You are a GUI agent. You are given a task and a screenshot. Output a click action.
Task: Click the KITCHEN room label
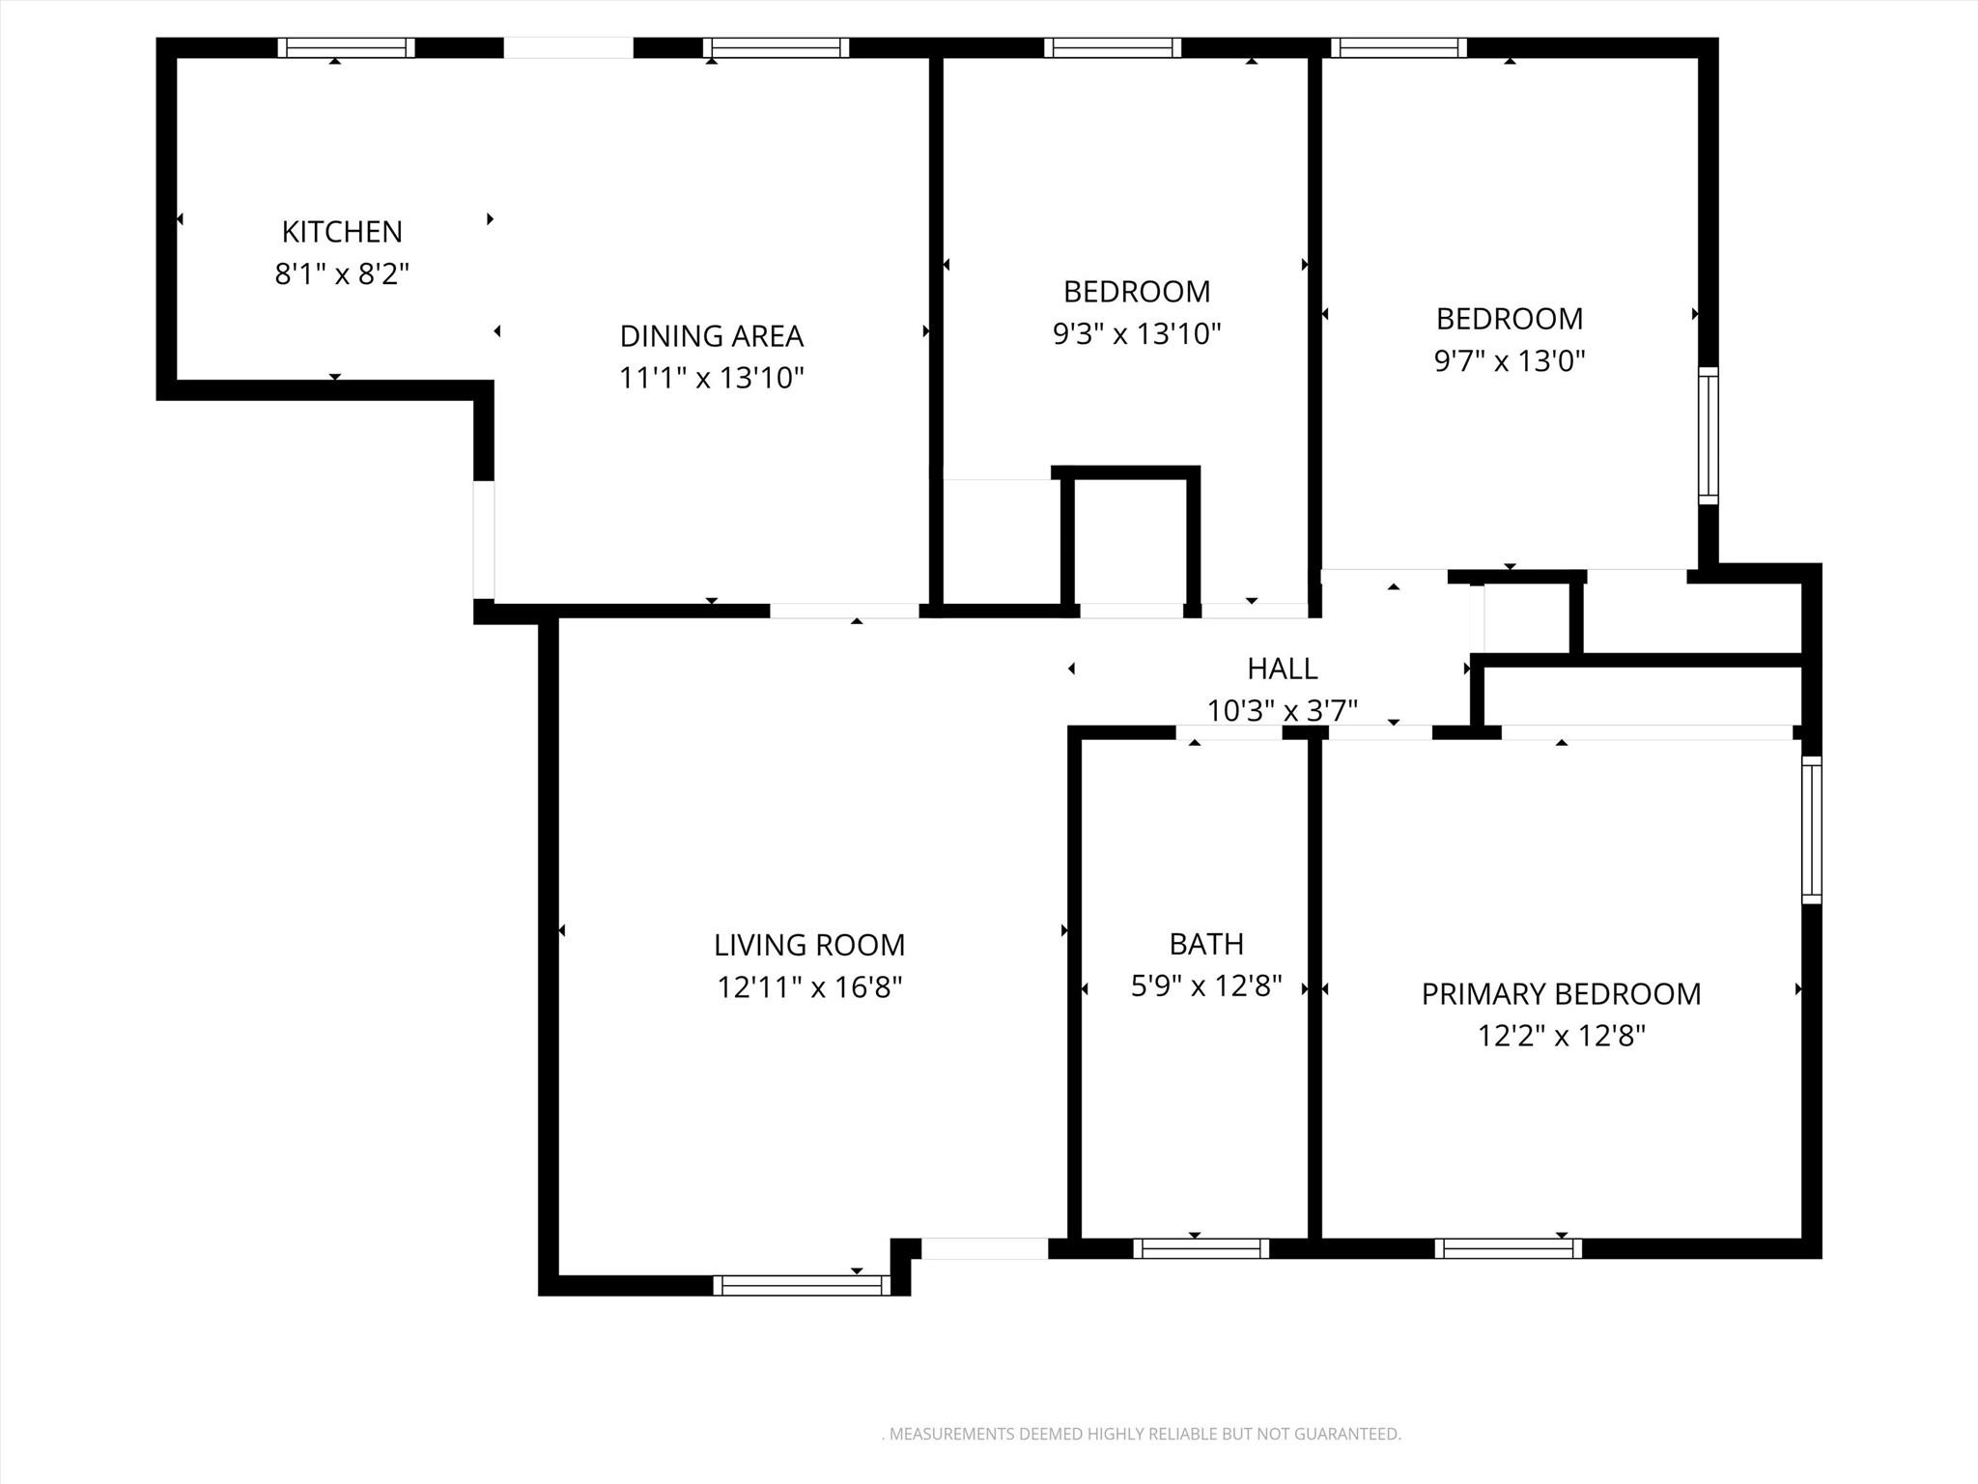coord(342,232)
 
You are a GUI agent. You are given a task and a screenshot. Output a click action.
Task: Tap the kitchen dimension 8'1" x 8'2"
coord(342,274)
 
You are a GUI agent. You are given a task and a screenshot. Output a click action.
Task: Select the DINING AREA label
coord(711,336)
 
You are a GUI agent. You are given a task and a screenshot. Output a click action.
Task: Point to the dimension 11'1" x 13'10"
coord(711,378)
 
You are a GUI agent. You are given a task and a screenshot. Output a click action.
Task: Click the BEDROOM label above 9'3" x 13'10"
coord(1136,292)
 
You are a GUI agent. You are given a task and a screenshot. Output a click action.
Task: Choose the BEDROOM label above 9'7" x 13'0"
coord(1509,319)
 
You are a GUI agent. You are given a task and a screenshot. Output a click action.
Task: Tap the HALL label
coord(1282,669)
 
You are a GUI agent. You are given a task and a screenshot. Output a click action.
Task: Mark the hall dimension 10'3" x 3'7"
coord(1282,711)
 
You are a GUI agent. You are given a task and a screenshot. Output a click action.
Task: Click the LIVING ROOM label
coord(809,945)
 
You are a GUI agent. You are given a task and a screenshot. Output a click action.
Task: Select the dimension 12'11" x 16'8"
coord(809,987)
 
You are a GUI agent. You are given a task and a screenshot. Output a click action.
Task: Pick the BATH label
coord(1205,944)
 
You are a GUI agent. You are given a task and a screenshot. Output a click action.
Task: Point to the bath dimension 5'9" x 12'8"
coord(1205,986)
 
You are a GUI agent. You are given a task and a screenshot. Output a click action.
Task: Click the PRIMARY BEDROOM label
coord(1561,994)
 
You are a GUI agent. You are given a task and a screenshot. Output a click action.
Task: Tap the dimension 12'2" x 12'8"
coord(1561,1037)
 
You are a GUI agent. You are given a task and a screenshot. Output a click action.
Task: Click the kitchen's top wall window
coord(346,47)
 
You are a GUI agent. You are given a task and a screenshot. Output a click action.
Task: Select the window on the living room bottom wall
coord(801,1285)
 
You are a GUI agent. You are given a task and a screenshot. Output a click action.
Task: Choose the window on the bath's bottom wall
coord(1201,1248)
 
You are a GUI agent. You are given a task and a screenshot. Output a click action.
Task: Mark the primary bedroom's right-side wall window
coord(1812,830)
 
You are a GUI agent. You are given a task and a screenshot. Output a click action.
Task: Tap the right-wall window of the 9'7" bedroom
coord(1708,436)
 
